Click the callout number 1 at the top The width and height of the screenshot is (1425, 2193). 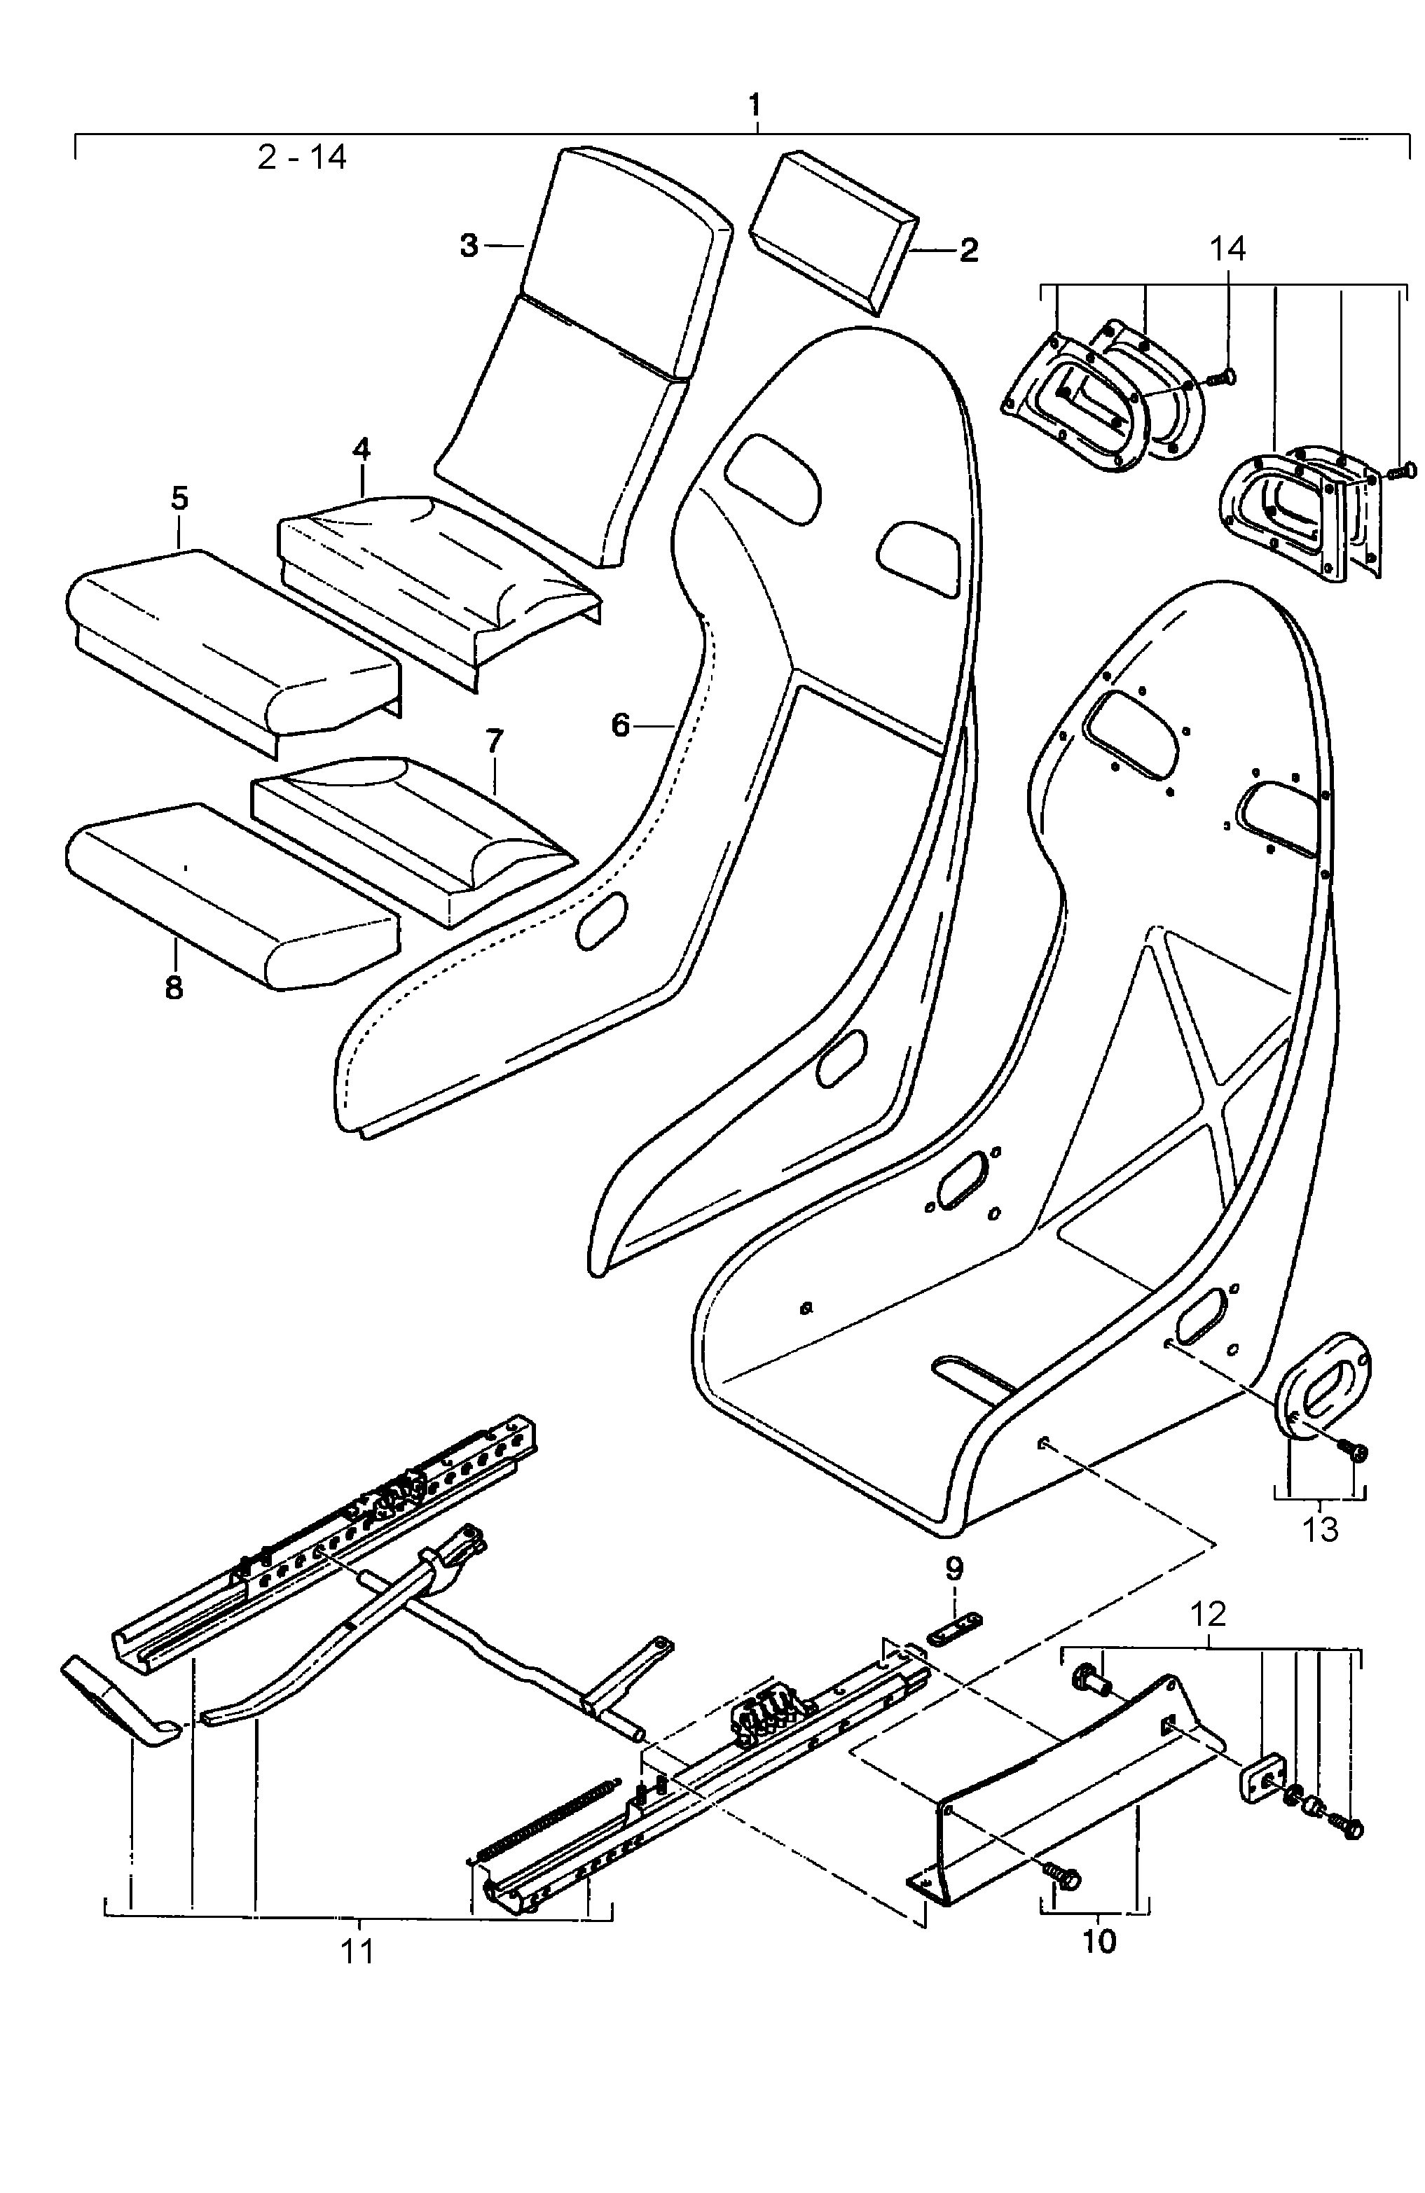755,104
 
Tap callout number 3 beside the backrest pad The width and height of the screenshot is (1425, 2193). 469,246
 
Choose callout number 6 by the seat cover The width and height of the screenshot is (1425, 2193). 620,726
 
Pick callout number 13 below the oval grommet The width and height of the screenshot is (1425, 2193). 1320,1531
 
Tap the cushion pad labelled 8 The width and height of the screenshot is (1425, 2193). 230,893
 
